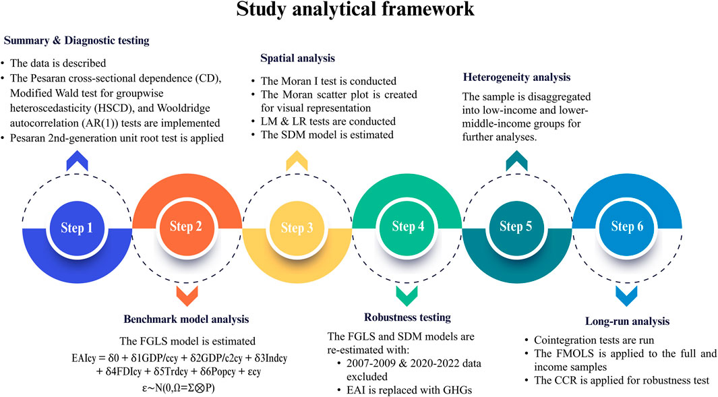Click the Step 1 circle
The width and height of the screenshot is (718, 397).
click(x=77, y=227)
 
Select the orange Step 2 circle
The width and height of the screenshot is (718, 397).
click(x=186, y=227)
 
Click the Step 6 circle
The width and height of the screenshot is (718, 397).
click(x=626, y=227)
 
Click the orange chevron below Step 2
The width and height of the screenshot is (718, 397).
click(x=186, y=294)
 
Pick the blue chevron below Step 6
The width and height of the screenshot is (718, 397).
click(x=626, y=294)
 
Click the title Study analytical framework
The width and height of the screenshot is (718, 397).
click(x=359, y=12)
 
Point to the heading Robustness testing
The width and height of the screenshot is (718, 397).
click(x=398, y=317)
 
